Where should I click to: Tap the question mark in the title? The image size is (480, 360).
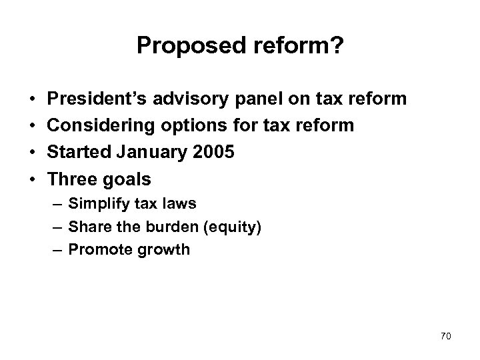click(x=339, y=45)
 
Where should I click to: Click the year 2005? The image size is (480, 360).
click(x=212, y=153)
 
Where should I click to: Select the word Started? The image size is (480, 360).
click(x=75, y=153)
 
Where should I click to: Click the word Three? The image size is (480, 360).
click(x=70, y=180)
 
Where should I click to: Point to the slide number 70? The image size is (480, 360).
click(x=446, y=335)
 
